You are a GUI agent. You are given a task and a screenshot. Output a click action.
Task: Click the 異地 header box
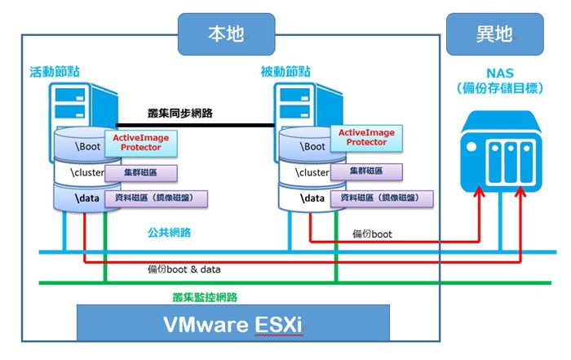[494, 33]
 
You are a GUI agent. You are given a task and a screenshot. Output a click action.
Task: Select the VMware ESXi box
[232, 322]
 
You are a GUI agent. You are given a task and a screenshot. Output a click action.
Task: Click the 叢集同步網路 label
[181, 113]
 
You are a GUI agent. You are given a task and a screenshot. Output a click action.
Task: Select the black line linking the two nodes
[196, 125]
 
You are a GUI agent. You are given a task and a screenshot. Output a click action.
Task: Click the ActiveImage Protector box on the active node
[140, 144]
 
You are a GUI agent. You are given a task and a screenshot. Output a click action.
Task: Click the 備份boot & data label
[184, 269]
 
